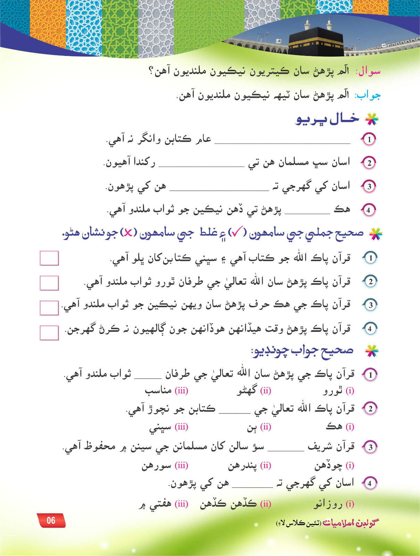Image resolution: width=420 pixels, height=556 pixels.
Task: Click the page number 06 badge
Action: tap(51, 520)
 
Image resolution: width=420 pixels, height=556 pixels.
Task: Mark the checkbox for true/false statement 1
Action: tap(49, 258)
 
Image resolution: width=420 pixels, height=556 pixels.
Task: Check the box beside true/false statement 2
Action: tap(49, 283)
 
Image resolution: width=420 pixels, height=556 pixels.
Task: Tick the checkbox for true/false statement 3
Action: tap(49, 308)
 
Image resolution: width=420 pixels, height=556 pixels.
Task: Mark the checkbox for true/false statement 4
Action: tap(49, 332)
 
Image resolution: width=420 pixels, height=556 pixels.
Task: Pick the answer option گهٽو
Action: tap(247, 391)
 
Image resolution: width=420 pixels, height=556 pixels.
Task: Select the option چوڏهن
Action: tap(328, 465)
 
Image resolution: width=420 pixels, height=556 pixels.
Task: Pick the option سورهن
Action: tap(156, 466)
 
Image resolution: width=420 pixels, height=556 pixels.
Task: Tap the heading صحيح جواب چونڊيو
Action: tap(302, 351)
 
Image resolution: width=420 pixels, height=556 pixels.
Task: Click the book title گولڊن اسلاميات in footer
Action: tap(350, 523)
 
